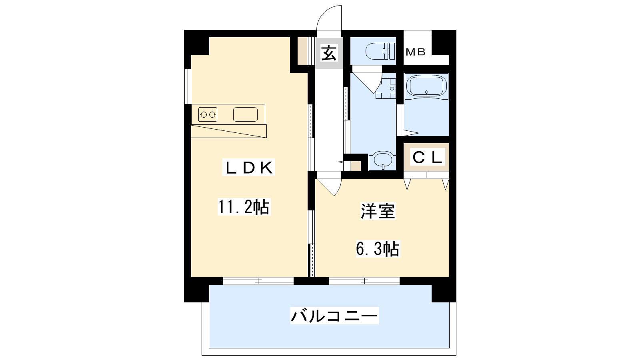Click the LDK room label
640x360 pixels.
point(248,168)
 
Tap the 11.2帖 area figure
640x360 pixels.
point(244,207)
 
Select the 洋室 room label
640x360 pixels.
point(378,211)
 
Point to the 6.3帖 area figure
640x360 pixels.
point(378,248)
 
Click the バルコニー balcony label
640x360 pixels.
point(334,316)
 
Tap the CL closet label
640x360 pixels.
point(427,158)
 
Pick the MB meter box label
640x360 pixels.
point(416,52)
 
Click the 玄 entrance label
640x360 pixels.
point(329,53)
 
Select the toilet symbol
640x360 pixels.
point(380,51)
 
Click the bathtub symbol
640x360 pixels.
point(426,86)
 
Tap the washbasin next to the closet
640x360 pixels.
point(383,160)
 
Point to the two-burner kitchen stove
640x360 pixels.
point(208,114)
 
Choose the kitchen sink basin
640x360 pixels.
point(246,114)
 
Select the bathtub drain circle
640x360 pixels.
point(426,92)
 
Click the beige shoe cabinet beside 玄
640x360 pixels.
point(303,51)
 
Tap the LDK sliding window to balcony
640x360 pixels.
point(258,281)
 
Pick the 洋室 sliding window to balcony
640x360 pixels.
point(364,281)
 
